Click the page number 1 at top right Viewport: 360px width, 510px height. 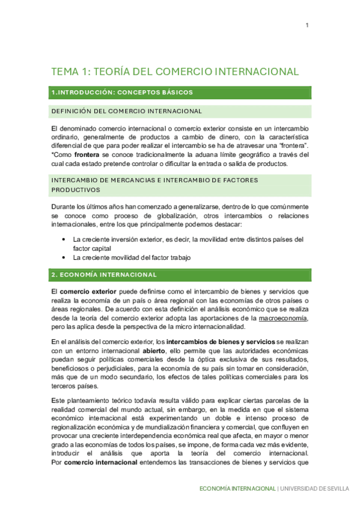coord(307,25)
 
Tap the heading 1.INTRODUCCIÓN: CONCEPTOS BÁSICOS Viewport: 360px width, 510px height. coord(122,92)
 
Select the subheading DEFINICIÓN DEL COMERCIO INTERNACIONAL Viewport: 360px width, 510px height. coord(126,111)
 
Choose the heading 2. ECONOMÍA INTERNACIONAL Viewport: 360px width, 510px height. coord(104,275)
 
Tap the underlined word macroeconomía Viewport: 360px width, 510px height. coord(283,318)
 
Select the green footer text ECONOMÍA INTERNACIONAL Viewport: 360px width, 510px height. coord(237,488)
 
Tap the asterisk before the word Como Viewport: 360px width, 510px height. coord(53,155)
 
